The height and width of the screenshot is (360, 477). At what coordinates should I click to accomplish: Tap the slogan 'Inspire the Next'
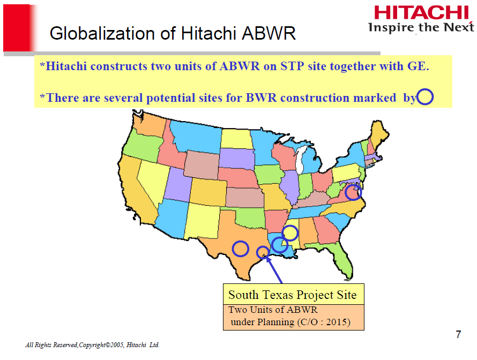[421, 28]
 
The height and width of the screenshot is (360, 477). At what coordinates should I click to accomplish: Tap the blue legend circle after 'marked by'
[424, 97]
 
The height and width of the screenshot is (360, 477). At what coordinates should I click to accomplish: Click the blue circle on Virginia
[353, 192]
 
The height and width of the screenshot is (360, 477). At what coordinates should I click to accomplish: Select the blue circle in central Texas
[241, 249]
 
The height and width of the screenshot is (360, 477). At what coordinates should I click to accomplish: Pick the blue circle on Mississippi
[290, 233]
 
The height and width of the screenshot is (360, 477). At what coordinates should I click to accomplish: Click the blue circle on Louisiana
[279, 245]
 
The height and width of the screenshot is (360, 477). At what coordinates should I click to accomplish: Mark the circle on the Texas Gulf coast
[263, 252]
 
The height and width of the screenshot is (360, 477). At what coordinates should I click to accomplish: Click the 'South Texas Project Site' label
[293, 294]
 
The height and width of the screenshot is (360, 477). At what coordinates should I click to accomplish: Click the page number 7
[458, 335]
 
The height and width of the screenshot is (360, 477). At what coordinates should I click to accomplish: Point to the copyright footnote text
[92, 345]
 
